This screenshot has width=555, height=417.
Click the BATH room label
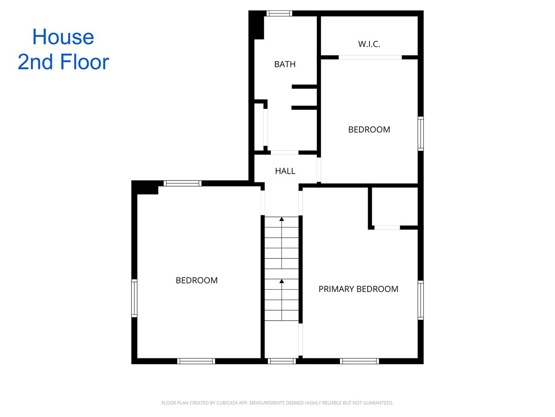(285, 64)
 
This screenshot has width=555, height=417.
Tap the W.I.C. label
(369, 44)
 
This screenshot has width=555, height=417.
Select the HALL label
(285, 171)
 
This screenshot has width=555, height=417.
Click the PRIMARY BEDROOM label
(358, 289)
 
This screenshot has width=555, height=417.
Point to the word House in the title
(63, 37)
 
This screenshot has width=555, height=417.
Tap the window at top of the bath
(279, 13)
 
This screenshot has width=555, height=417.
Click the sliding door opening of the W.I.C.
(370, 57)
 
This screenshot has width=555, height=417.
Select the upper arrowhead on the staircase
(281, 219)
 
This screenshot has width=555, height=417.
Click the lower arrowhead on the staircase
(281, 281)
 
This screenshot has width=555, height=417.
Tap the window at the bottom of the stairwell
(282, 361)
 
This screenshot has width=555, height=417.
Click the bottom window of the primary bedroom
(359, 361)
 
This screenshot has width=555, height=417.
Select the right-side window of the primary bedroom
(421, 300)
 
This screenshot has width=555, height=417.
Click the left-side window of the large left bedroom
(134, 298)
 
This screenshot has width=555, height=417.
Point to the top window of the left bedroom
(183, 183)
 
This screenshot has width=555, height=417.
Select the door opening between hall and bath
(284, 152)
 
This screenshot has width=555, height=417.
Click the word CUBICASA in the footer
(226, 403)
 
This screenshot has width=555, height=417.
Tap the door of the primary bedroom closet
(387, 228)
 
